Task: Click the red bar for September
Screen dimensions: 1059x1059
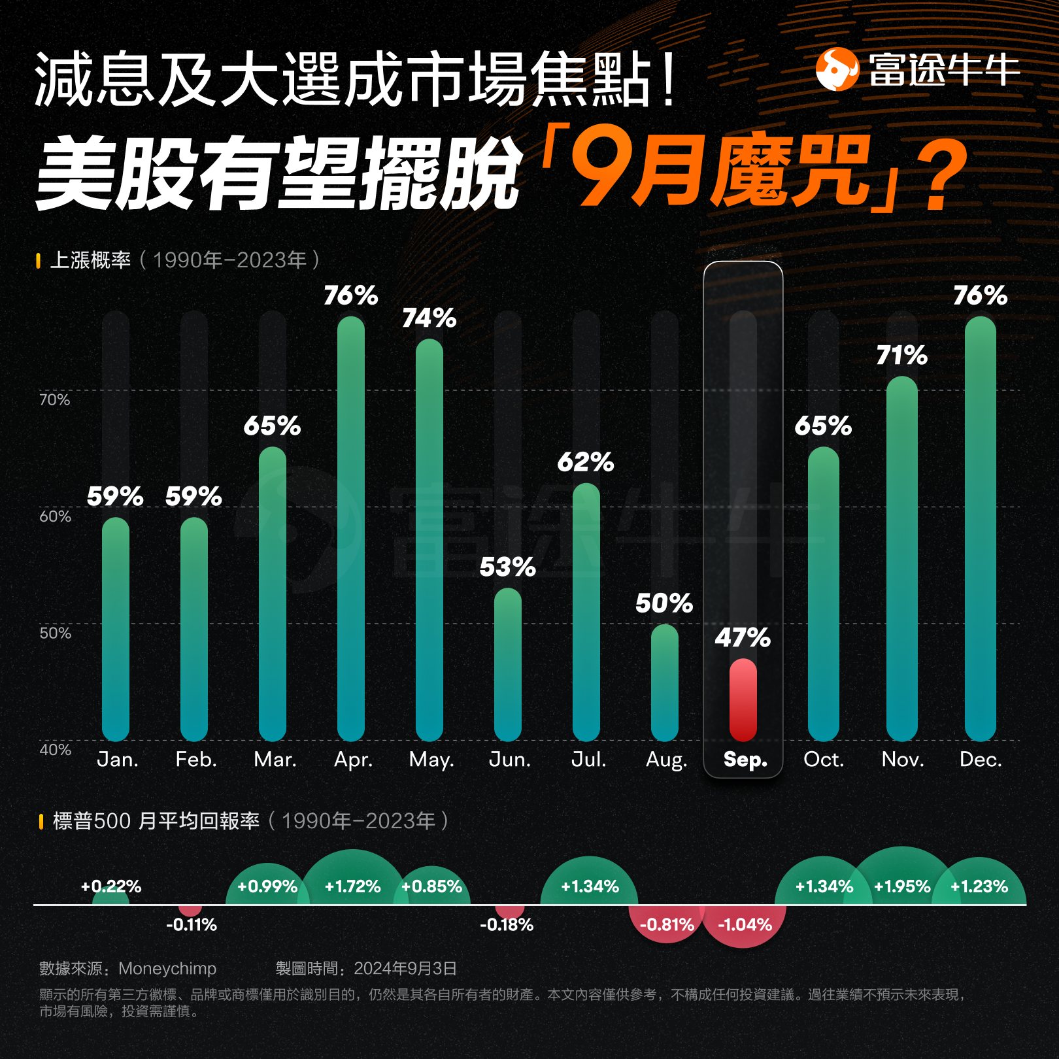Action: [743, 699]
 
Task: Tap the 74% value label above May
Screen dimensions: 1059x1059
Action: [429, 318]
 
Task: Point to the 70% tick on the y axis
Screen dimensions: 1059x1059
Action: [54, 399]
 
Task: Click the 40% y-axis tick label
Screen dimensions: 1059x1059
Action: [55, 750]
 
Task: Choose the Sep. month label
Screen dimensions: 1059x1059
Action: [745, 760]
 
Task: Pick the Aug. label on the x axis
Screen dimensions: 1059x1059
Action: [666, 760]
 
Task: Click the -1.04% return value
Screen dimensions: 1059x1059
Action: [745, 924]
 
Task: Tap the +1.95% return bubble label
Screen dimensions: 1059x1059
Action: [902, 886]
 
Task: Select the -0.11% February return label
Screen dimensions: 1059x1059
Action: [191, 924]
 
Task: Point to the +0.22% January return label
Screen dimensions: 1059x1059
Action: [110, 886]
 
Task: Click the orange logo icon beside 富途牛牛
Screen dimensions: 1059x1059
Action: [837, 69]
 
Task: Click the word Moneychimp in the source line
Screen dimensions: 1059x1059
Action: [167, 968]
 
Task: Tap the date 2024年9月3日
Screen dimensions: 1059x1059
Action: [405, 968]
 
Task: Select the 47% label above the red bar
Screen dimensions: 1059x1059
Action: [743, 637]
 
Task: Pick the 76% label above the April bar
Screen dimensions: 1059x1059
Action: [351, 295]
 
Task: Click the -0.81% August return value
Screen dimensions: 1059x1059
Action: [667, 924]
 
